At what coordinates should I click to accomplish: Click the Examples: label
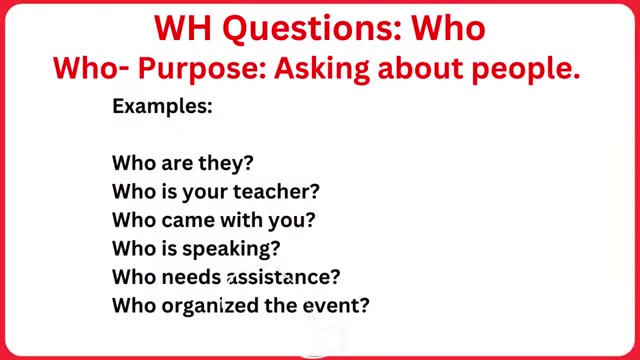161,105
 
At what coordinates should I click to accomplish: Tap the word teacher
283,189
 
